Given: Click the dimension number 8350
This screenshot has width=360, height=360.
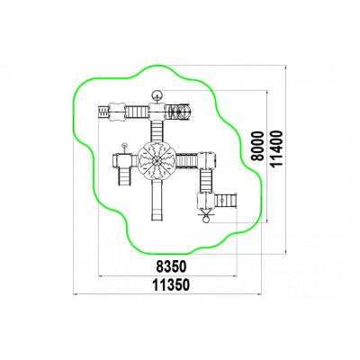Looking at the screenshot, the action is tap(171, 266).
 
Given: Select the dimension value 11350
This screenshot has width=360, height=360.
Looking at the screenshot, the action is tap(171, 284).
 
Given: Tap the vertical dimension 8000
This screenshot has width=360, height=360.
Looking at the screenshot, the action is tap(257, 146).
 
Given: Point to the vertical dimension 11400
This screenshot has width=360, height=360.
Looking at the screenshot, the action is tap(276, 148).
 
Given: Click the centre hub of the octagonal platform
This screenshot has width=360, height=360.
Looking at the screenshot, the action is tap(157, 161).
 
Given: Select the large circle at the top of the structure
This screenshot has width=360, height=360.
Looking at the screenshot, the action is tap(157, 95).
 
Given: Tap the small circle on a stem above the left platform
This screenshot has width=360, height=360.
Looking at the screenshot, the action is tap(124, 146).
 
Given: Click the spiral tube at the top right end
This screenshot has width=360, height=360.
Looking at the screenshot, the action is tap(179, 112).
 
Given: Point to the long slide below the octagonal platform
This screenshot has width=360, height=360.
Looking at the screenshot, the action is tap(157, 201).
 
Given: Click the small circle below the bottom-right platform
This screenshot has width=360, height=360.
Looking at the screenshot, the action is tap(206, 220).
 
